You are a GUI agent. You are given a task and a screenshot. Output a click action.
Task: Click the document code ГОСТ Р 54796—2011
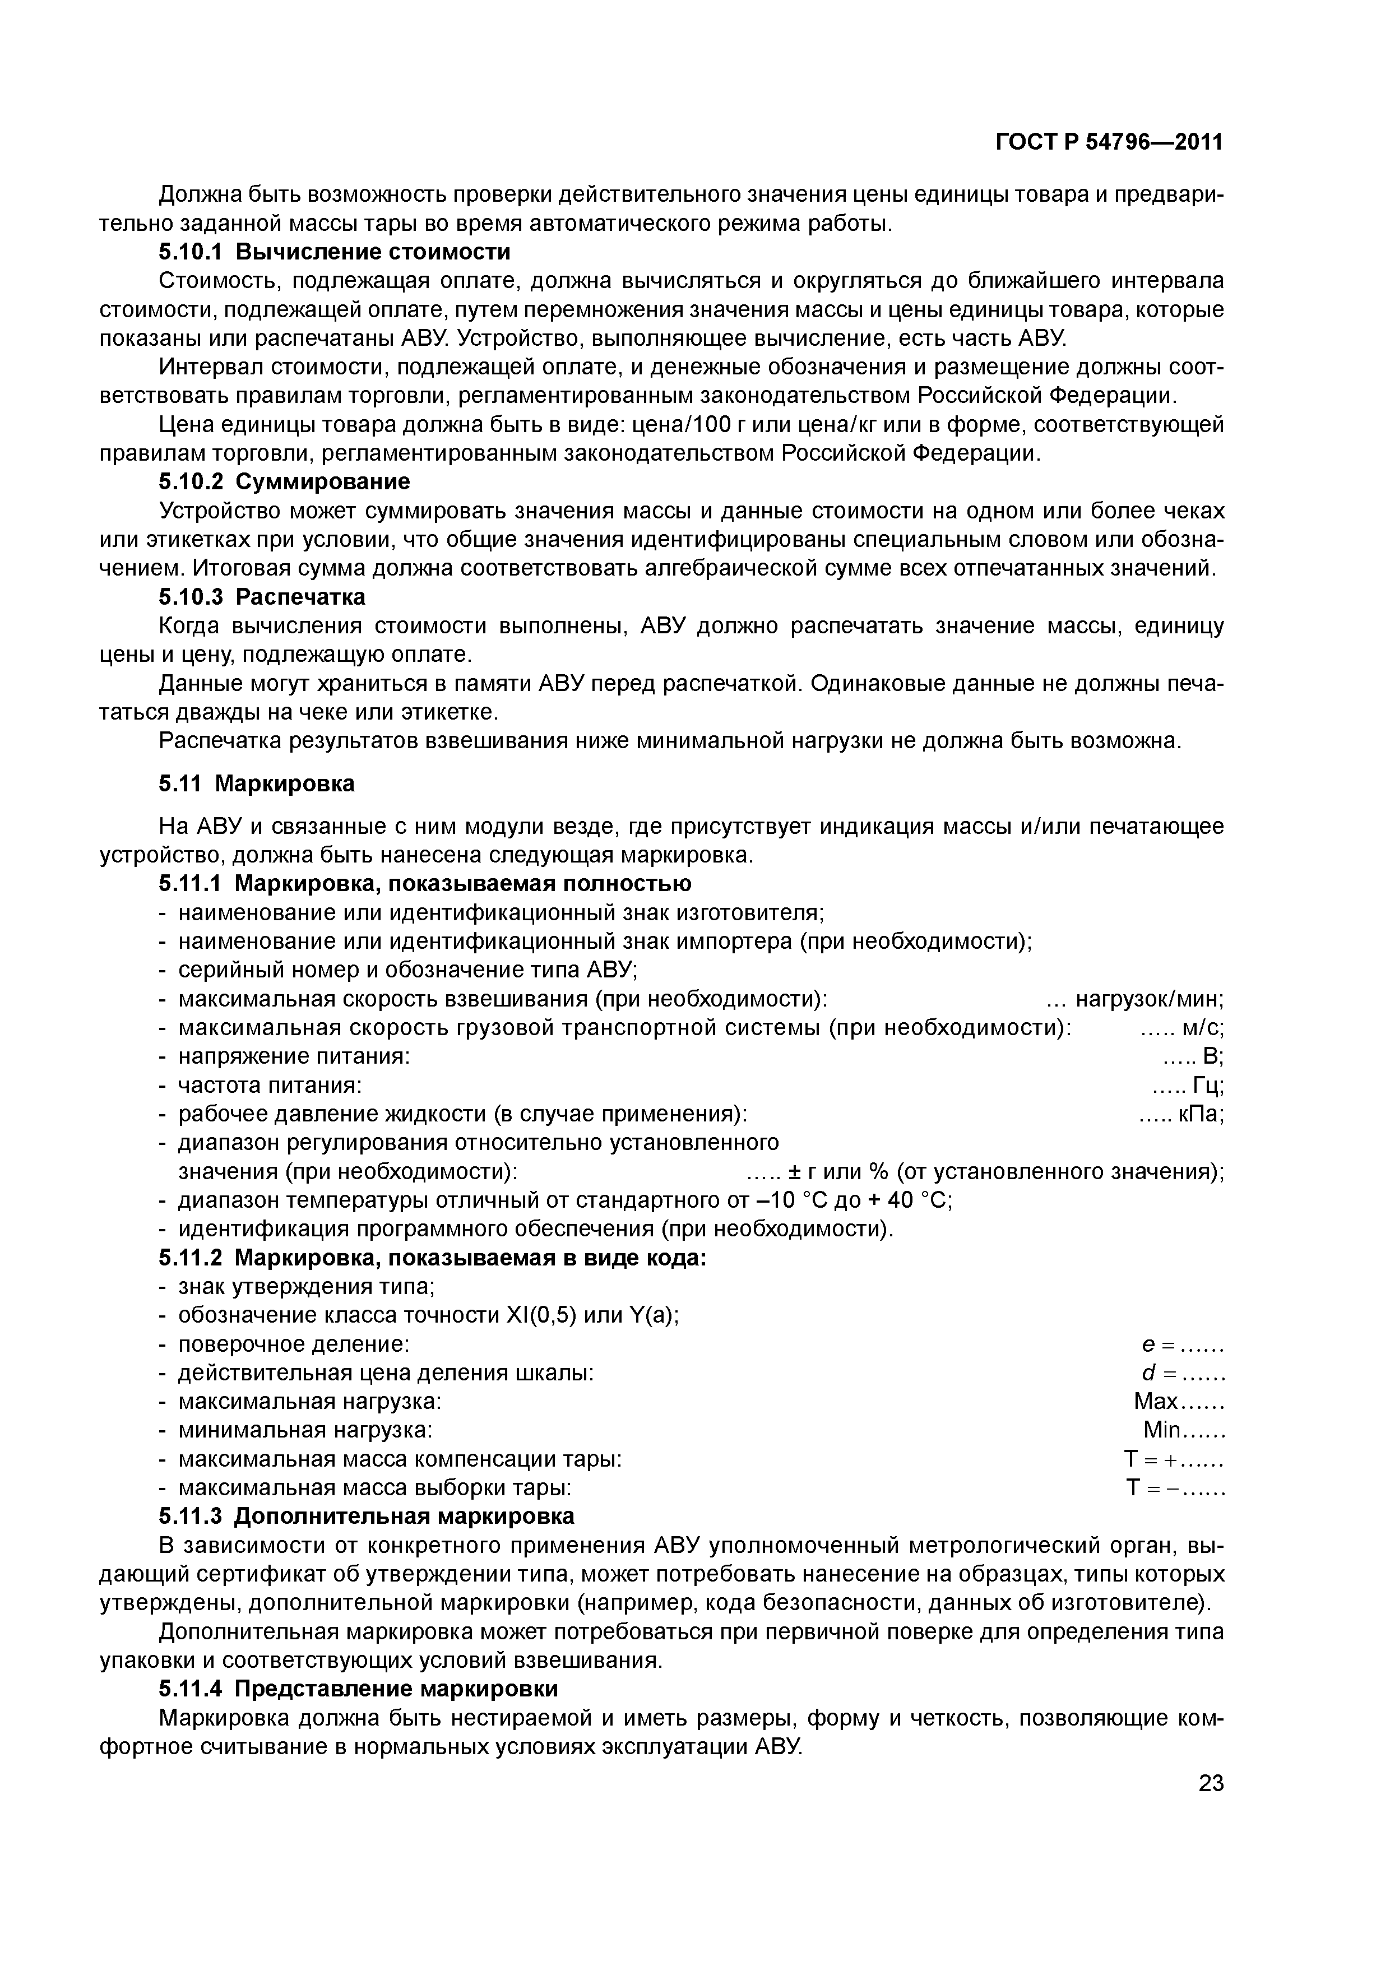click(x=1108, y=142)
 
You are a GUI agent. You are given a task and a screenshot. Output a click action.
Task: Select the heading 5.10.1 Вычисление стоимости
click(x=334, y=252)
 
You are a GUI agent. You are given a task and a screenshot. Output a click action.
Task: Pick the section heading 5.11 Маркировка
click(x=257, y=783)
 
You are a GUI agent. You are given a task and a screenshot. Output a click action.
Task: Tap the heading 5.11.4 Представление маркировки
click(x=358, y=1689)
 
